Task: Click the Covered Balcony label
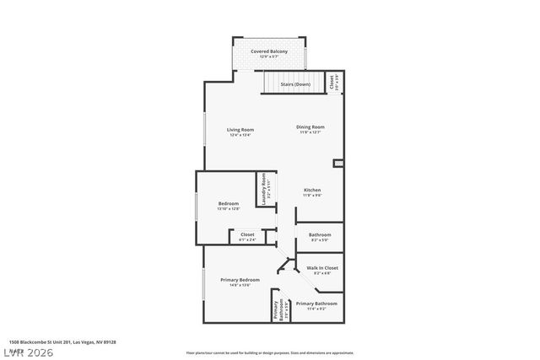click(x=268, y=52)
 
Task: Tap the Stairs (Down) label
click(x=295, y=84)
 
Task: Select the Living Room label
click(x=240, y=129)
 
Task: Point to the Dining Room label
click(x=310, y=127)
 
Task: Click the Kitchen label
click(x=312, y=191)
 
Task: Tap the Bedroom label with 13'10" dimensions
click(x=229, y=203)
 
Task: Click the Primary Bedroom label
click(x=240, y=280)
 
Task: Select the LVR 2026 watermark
click(x=26, y=351)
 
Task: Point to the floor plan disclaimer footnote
click(x=269, y=353)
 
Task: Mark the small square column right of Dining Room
click(x=338, y=163)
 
